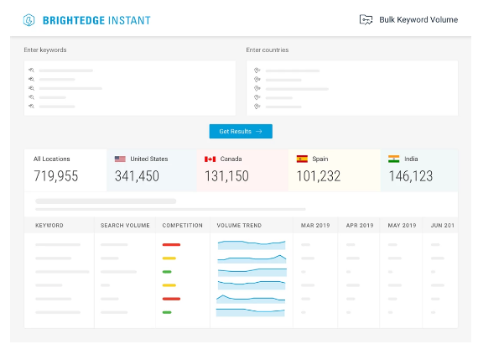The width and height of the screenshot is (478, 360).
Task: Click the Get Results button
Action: point(241,131)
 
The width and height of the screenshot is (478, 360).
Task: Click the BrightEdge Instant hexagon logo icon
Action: point(29,20)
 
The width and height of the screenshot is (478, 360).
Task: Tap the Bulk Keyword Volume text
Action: point(418,20)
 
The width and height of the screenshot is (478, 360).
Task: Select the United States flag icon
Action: point(120,159)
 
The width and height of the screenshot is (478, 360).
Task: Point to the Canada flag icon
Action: point(210,159)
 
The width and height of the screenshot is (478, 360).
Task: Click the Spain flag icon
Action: point(302,159)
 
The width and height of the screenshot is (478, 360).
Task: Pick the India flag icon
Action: point(394,159)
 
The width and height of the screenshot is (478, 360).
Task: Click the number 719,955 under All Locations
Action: point(56,176)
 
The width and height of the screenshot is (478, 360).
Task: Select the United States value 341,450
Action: point(137,176)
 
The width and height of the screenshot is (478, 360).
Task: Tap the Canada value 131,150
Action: point(226,176)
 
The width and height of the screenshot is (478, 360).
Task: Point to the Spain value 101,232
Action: point(319,176)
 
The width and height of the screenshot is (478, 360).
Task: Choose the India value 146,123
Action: point(411,176)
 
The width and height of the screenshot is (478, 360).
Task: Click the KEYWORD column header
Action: point(49,226)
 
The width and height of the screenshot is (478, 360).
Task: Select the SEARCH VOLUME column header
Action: point(125,226)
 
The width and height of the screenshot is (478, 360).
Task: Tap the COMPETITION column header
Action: point(183,226)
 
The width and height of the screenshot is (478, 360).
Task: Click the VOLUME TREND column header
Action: point(239,226)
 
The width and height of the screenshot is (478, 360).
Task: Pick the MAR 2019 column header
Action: point(315,226)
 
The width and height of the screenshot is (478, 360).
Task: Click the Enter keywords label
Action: point(45,50)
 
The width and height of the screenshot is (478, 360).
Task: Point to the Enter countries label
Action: point(268,50)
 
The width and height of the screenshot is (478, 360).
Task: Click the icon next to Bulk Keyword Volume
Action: point(366,20)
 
